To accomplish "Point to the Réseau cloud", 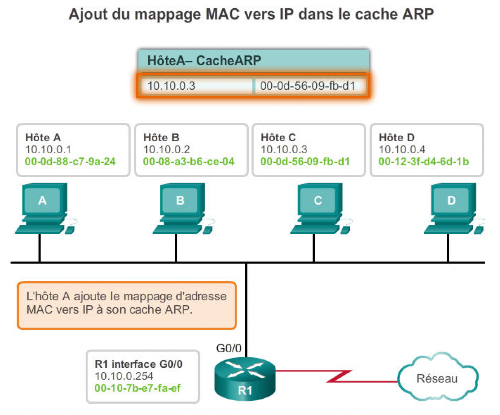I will (x=437, y=378).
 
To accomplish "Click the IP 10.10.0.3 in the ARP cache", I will (x=171, y=86).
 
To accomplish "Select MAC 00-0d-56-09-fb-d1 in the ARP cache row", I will (x=308, y=86).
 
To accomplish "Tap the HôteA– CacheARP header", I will (x=204, y=60).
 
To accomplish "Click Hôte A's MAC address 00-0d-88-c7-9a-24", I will (x=70, y=162).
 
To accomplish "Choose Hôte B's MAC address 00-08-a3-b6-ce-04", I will (x=189, y=162).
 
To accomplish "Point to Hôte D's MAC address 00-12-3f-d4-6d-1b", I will (x=424, y=162).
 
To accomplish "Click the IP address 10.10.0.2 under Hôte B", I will (x=166, y=150).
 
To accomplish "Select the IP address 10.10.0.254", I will (x=124, y=376).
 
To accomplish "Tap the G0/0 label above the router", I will (x=229, y=348).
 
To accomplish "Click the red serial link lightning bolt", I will (x=340, y=376).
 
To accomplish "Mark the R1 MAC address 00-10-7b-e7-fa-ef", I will (x=138, y=388).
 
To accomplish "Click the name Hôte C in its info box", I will (x=278, y=137).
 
